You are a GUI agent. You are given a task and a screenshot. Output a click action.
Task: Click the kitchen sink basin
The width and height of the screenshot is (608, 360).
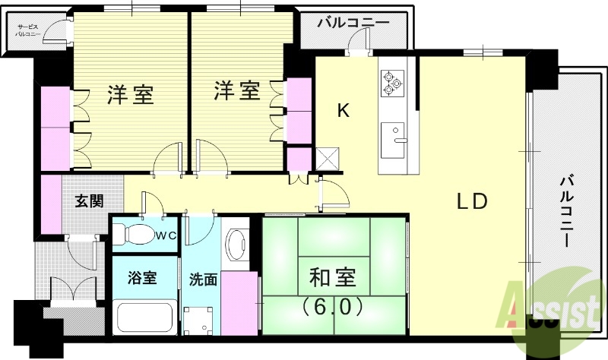pyautogui.click(x=395, y=135)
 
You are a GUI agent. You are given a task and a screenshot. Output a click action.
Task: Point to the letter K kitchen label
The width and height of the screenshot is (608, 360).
pyautogui.click(x=343, y=112)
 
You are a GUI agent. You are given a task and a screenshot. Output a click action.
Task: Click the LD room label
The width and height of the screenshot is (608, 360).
pyautogui.click(x=477, y=203)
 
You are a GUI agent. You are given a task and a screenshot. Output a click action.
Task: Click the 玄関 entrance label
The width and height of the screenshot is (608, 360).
pyautogui.click(x=89, y=201)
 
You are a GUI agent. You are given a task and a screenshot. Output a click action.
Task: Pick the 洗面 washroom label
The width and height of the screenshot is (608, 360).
pyautogui.click(x=203, y=279)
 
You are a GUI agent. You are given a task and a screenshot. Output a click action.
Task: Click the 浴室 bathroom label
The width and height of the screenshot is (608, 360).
pyautogui.click(x=142, y=277)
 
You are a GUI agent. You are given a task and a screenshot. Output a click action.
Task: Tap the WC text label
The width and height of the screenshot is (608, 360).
pyautogui.click(x=166, y=235)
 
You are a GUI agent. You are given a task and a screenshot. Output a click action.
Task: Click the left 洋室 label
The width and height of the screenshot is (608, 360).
pyautogui.click(x=130, y=95)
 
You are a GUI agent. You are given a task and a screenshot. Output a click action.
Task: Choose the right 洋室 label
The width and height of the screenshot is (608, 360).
pyautogui.click(x=236, y=91)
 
